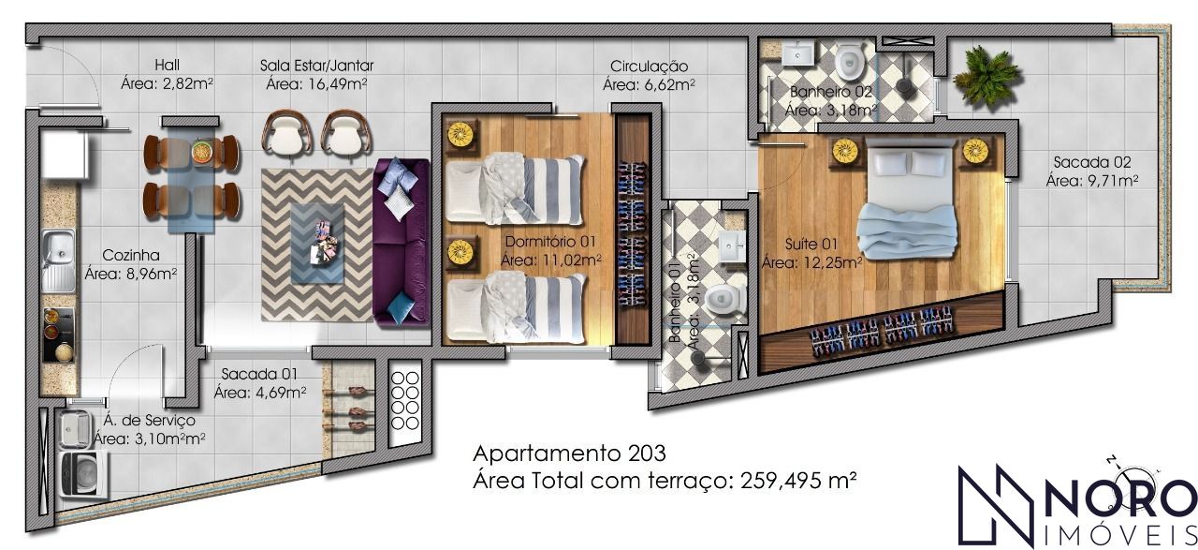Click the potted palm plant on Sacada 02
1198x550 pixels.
[x=986, y=77]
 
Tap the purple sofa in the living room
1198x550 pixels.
[x=402, y=242]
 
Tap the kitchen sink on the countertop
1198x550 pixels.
[x=59, y=261]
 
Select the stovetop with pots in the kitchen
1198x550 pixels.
[x=59, y=335]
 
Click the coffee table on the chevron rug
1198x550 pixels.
[x=317, y=244]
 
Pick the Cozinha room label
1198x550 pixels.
[x=131, y=256]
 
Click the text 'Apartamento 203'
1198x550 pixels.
[x=570, y=453]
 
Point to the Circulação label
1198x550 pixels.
[x=650, y=67]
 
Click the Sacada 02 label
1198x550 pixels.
[x=1092, y=162]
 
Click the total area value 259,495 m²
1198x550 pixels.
[x=799, y=481]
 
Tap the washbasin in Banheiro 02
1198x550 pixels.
[x=798, y=54]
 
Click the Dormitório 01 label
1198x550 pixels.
[x=550, y=242]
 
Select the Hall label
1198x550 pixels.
[x=167, y=66]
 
